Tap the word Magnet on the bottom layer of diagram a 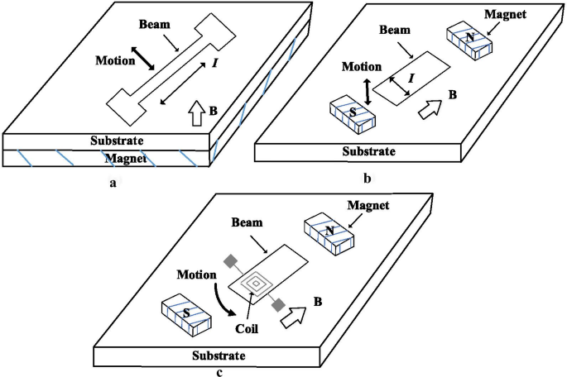click(x=122, y=157)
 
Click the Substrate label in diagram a click(x=122, y=141)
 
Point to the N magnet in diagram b click(x=469, y=38)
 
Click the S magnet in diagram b click(x=353, y=113)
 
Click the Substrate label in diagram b click(x=369, y=151)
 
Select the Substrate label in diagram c click(x=219, y=356)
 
